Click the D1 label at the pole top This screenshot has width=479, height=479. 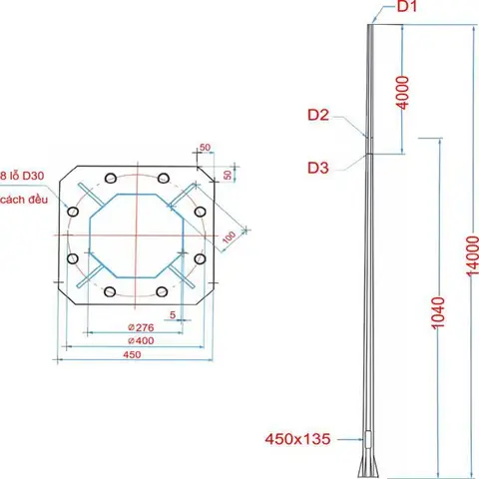click(x=407, y=6)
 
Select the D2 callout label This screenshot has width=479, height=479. click(x=318, y=115)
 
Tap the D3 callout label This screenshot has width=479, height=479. click(x=318, y=168)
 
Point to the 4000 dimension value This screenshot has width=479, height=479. click(x=403, y=92)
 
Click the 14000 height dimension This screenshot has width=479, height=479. click(x=472, y=255)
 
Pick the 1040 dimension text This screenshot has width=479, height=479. click(x=438, y=313)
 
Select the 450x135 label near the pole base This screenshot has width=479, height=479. click(x=297, y=439)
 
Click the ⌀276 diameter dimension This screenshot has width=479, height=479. click(x=141, y=327)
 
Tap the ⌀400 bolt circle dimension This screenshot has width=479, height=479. click(x=141, y=340)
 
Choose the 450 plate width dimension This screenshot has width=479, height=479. click(x=132, y=354)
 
